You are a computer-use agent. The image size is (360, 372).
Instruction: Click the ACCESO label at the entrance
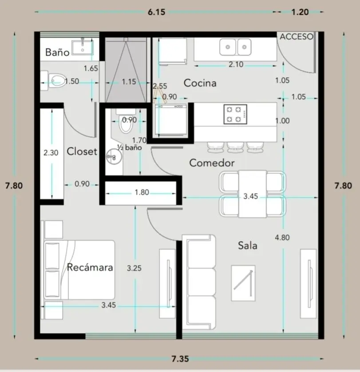(x=297, y=37)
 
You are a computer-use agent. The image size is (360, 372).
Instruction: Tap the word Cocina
(x=200, y=83)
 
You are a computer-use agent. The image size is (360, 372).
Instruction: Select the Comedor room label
(x=212, y=163)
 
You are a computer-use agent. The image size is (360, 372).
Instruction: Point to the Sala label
(x=248, y=245)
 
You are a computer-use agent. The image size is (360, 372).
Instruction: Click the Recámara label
(x=90, y=267)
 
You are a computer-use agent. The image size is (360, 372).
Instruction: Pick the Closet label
(x=82, y=151)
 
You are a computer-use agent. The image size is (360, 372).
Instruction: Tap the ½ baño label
(x=130, y=147)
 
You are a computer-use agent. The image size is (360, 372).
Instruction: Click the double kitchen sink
(x=235, y=47)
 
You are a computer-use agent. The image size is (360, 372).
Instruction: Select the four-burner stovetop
(x=235, y=114)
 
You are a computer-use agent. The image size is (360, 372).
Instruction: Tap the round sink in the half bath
(x=114, y=157)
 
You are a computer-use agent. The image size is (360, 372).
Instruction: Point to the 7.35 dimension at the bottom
(x=180, y=359)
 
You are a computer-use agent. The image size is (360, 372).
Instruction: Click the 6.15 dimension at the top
(x=156, y=12)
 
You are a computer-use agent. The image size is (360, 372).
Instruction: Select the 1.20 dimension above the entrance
(x=300, y=12)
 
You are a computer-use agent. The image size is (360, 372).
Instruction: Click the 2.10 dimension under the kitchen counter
(x=236, y=64)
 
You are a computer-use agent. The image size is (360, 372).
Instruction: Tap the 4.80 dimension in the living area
(x=282, y=237)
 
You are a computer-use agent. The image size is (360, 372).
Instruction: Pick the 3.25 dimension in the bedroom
(x=134, y=268)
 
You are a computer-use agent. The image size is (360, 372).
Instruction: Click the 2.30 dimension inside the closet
(x=51, y=153)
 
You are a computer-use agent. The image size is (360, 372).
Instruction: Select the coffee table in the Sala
(x=243, y=283)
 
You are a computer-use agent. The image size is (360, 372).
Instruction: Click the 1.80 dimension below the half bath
(x=142, y=192)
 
